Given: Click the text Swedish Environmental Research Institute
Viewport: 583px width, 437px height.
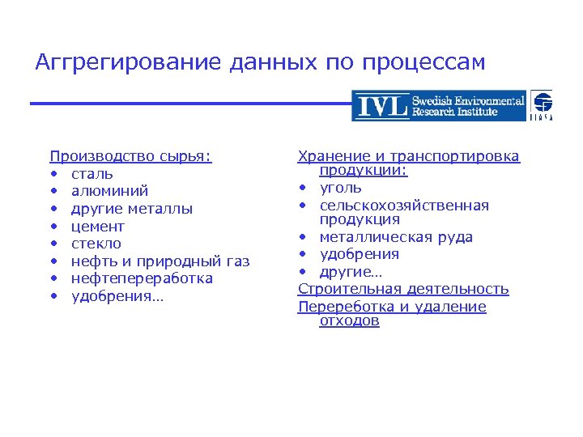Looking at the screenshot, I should (x=467, y=106).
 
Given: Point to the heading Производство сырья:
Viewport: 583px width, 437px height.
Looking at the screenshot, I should (x=130, y=156).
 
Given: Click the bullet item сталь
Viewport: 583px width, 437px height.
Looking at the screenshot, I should (x=91, y=174).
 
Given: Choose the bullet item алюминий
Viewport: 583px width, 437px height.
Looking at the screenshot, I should (x=109, y=192).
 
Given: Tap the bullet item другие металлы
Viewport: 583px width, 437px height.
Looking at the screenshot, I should (x=131, y=209).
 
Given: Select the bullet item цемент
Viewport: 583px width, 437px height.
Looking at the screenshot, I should (x=97, y=227).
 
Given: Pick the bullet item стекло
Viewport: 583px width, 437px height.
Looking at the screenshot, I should (x=96, y=244).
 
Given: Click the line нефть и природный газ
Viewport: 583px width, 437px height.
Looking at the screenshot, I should (x=160, y=261).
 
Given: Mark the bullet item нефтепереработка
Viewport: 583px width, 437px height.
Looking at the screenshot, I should (x=142, y=278).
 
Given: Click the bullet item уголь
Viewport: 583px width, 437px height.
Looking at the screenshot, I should (x=340, y=188).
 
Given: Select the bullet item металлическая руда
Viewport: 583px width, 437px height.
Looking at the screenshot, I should (x=396, y=237).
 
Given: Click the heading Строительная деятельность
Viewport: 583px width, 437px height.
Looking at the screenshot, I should (x=403, y=289).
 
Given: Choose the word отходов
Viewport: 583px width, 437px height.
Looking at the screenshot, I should (x=349, y=321).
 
